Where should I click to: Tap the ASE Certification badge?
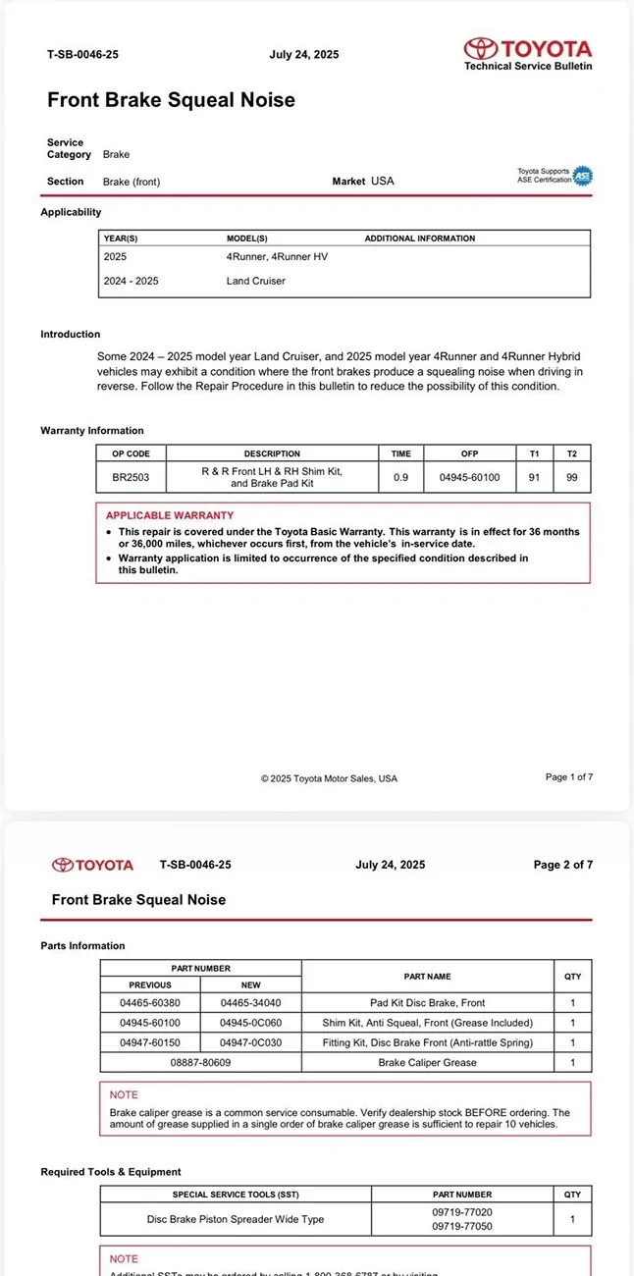[582, 176]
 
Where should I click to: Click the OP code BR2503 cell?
[131, 477]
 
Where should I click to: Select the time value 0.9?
[400, 477]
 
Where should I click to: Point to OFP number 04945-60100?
[469, 477]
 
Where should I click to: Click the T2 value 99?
[572, 477]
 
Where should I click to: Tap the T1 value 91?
[535, 477]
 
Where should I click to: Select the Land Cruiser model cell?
[256, 281]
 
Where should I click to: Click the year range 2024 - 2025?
[131, 281]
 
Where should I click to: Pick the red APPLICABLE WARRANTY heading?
[170, 515]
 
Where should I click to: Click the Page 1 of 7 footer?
[569, 777]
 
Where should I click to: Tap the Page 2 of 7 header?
[563, 865]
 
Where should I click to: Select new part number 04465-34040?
[250, 1003]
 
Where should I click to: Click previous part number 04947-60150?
[150, 1042]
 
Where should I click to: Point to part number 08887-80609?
[200, 1062]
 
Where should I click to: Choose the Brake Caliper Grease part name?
[427, 1062]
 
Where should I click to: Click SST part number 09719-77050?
[462, 1227]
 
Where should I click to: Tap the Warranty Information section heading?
[92, 431]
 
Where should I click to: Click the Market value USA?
[383, 182]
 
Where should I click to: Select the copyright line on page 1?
[329, 778]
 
